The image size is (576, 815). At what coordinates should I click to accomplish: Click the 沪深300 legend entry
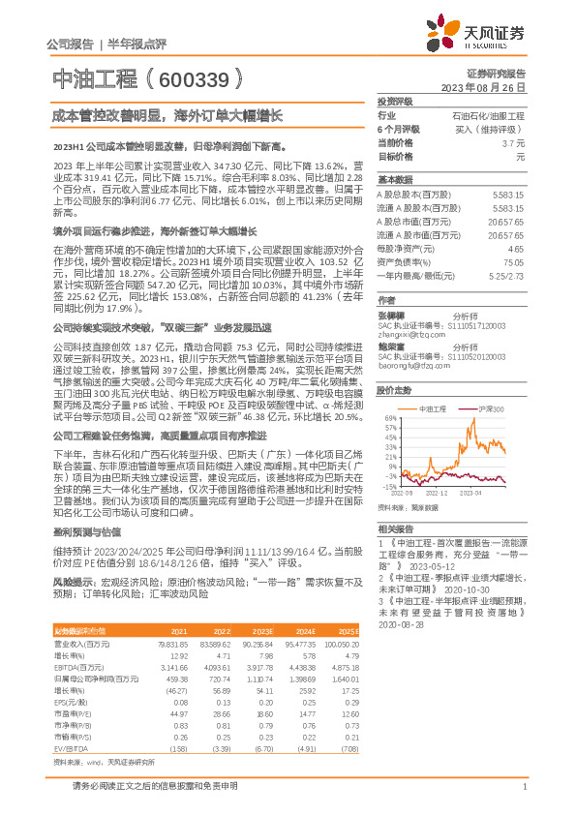(493, 410)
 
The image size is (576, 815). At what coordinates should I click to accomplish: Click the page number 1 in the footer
(523, 798)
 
